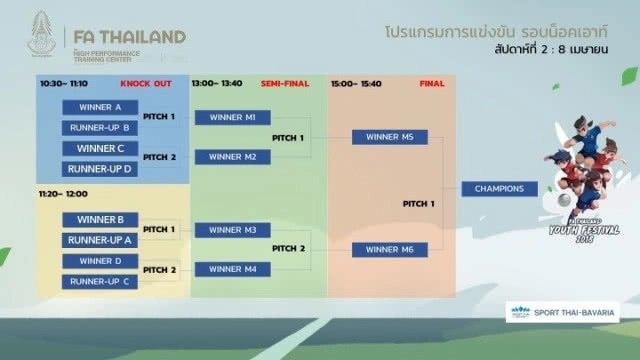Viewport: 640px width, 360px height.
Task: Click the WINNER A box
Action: tap(100, 107)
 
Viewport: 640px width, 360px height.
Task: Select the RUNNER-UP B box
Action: tap(100, 127)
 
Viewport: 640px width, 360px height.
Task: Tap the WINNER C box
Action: tap(100, 148)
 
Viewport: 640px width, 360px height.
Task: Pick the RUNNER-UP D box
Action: tap(100, 169)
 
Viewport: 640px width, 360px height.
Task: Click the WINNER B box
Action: tap(100, 220)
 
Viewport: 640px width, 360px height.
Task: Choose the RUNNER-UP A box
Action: tap(100, 240)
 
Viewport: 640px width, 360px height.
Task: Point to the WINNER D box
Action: tap(100, 261)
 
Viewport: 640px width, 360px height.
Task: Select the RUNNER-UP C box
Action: tap(100, 281)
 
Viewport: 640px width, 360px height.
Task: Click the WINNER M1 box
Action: tap(233, 117)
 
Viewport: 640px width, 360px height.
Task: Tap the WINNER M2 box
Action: tap(233, 157)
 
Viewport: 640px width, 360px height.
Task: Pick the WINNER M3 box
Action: tap(233, 229)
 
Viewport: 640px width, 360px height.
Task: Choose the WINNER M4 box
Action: tap(233, 269)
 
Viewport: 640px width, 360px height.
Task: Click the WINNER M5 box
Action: tap(390, 137)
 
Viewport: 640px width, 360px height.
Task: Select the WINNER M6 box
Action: tap(390, 249)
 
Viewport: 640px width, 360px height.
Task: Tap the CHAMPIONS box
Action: tap(499, 188)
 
